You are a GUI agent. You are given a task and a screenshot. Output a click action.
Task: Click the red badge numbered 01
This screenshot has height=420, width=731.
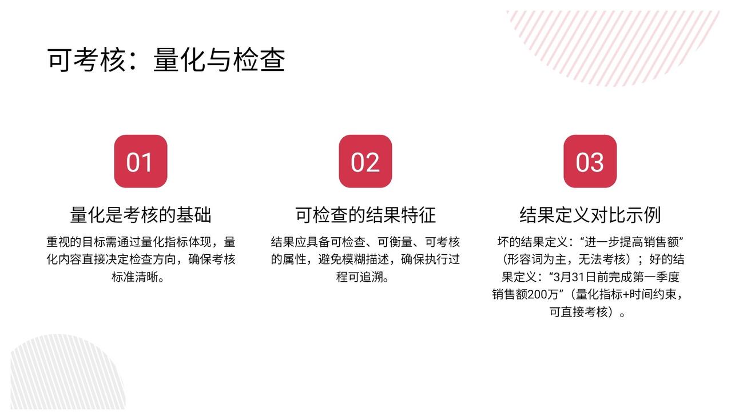pos(141,161)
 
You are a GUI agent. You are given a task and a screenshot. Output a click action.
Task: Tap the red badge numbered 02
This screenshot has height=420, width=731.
pos(365,161)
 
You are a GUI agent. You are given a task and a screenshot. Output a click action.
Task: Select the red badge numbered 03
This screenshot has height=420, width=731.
pos(590,161)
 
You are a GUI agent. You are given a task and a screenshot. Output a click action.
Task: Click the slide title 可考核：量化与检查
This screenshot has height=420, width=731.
pos(166,60)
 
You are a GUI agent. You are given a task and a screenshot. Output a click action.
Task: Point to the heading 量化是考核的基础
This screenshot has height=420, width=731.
pos(141,215)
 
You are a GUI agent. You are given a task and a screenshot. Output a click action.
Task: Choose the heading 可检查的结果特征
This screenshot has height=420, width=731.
pos(365,215)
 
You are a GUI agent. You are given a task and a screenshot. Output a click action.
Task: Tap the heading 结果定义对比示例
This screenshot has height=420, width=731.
pos(590,215)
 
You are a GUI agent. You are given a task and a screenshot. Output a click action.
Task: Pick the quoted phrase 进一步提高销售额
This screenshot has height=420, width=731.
pos(632,242)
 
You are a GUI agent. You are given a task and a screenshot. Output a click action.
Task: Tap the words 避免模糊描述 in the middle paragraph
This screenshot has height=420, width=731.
pos(353,259)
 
